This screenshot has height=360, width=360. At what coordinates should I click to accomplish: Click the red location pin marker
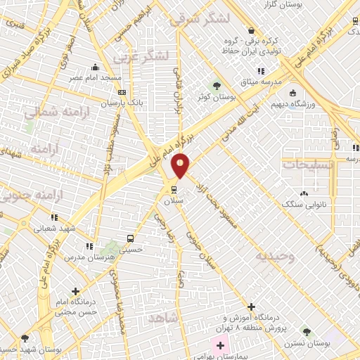[181, 165]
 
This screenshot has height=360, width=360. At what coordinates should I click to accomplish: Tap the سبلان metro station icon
[174, 189]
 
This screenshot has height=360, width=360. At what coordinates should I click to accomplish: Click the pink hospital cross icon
[221, 345]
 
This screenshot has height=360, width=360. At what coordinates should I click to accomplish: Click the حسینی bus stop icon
[130, 238]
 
